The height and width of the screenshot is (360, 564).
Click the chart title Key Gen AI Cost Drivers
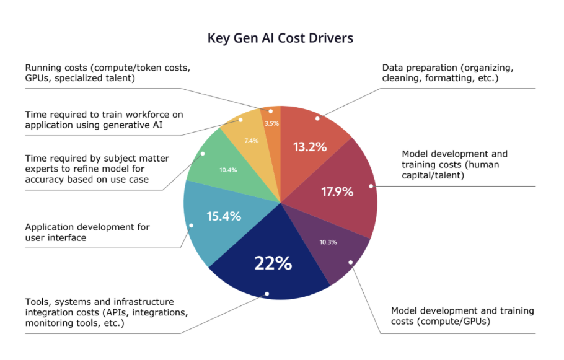click(281, 38)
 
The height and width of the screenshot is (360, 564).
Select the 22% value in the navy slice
click(273, 263)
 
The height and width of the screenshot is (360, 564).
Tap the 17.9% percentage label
click(337, 191)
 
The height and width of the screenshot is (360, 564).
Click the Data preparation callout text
click(447, 72)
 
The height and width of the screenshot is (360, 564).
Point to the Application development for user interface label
click(87, 232)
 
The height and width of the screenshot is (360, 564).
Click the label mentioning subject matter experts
click(97, 169)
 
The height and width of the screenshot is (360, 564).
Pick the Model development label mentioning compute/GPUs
click(462, 316)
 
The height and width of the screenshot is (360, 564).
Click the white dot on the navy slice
click(267, 294)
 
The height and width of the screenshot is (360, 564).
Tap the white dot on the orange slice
click(271, 112)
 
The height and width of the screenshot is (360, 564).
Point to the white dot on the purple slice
click(350, 263)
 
